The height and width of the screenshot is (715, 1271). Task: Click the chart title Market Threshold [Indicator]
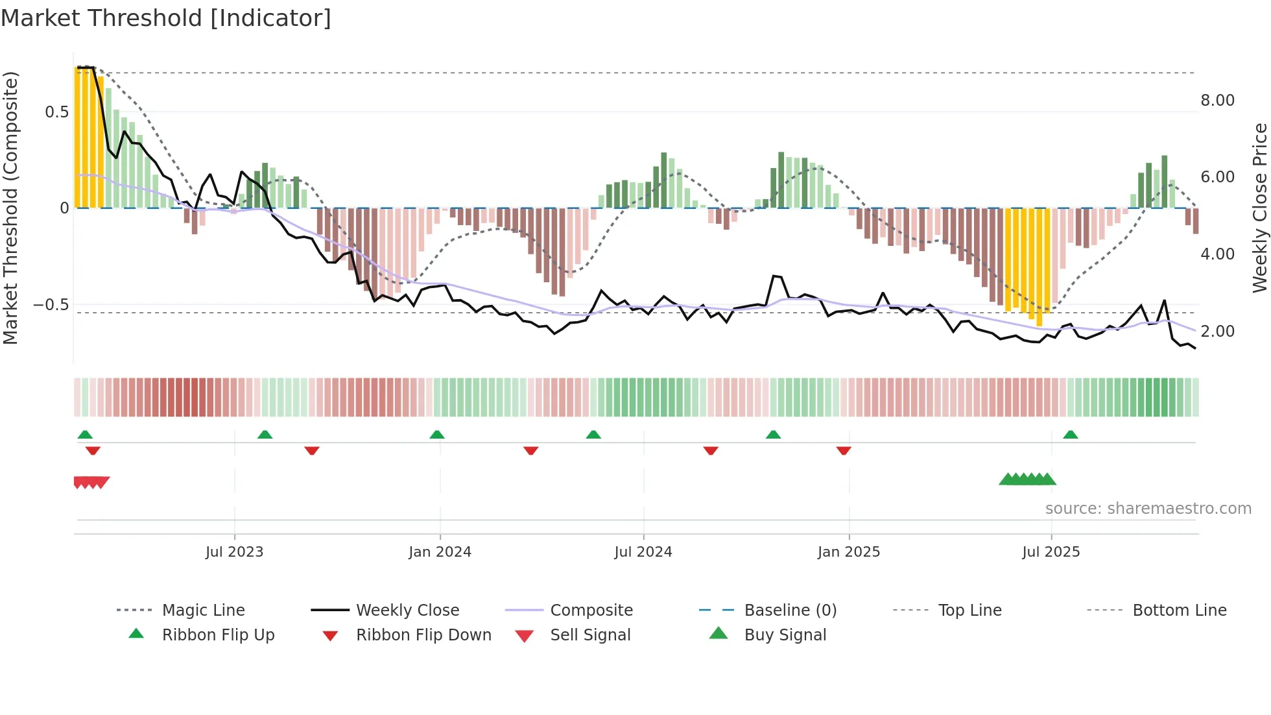click(x=166, y=18)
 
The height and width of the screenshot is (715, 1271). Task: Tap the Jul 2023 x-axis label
click(x=234, y=552)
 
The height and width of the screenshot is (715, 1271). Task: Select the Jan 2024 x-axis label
click(x=440, y=552)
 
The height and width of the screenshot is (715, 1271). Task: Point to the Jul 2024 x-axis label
click(x=643, y=552)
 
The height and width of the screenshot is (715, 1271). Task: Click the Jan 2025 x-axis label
click(x=848, y=552)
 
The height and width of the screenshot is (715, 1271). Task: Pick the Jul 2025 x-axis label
click(x=1051, y=552)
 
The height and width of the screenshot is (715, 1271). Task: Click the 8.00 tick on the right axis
click(x=1217, y=101)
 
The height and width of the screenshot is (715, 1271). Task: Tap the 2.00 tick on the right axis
click(x=1217, y=332)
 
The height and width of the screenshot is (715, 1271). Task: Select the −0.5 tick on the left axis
click(x=51, y=305)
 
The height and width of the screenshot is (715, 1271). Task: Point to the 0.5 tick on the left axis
click(x=56, y=112)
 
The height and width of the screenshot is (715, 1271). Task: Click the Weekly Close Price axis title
click(x=1259, y=208)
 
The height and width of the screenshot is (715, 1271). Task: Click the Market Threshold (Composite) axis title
click(x=10, y=208)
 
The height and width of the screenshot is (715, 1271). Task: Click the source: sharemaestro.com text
click(x=1148, y=509)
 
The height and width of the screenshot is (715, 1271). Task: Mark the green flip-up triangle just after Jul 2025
click(x=1070, y=435)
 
